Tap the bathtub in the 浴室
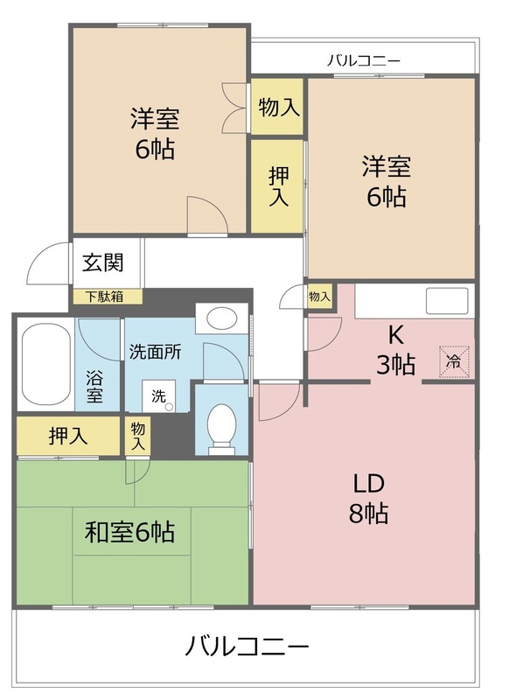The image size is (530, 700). [45, 365]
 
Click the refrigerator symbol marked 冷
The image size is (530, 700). [454, 360]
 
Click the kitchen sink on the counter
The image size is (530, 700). [450, 301]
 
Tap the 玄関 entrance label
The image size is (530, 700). [103, 262]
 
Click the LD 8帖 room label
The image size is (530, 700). [369, 497]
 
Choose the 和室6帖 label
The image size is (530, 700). [129, 531]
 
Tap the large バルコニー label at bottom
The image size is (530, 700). [247, 648]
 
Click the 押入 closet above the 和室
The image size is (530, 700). [66, 437]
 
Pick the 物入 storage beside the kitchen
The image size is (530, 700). [319, 297]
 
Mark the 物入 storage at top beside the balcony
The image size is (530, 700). [277, 107]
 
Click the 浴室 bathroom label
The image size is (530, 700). [94, 386]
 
